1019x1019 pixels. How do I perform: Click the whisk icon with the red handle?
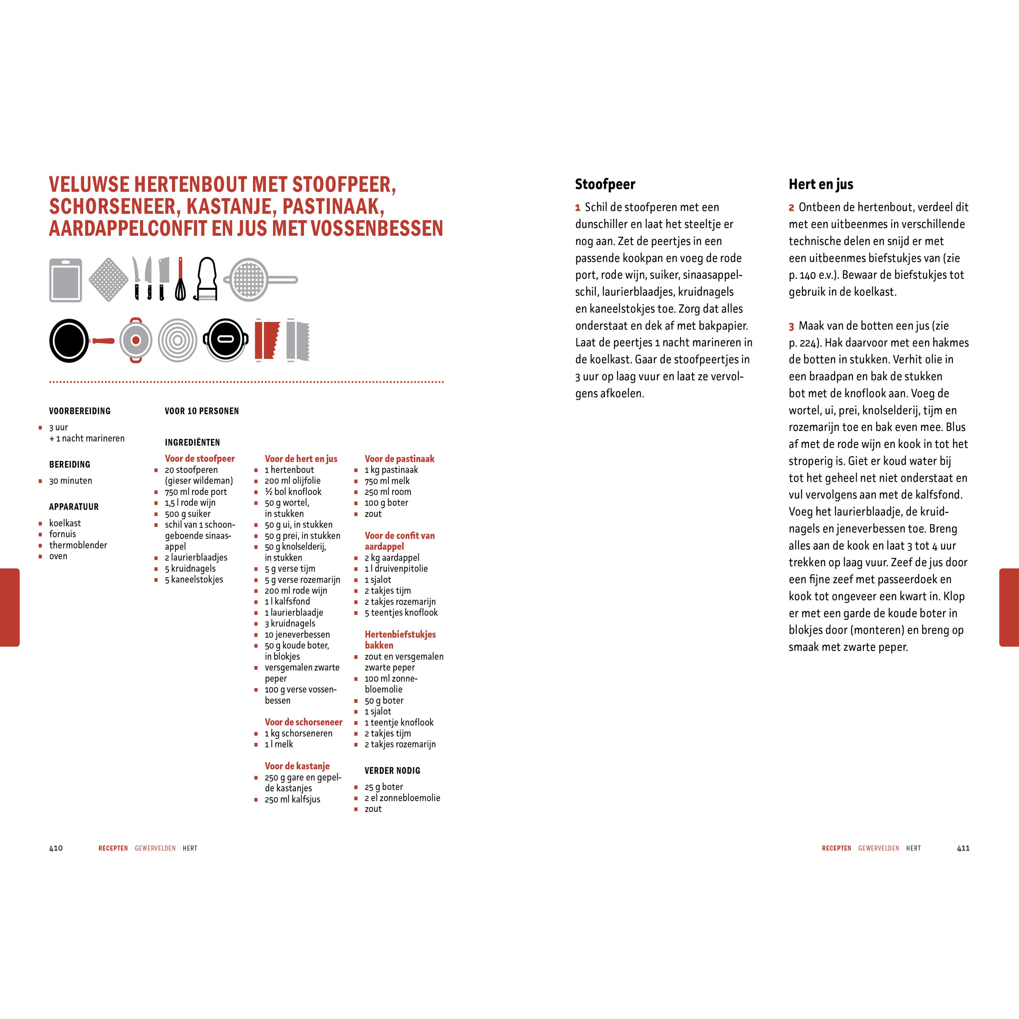[180, 280]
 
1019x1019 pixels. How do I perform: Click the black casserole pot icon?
[226, 340]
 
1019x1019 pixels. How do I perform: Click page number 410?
[56, 848]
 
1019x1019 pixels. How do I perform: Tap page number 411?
[963, 848]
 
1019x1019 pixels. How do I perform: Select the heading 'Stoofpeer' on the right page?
[605, 184]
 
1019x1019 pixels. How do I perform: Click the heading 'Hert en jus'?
[821, 184]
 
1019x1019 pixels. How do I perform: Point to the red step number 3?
[791, 326]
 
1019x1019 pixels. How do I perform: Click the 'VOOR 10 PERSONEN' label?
[201, 411]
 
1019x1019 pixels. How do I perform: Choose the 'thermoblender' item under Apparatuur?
[78, 545]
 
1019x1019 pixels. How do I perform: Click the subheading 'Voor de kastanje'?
[297, 766]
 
